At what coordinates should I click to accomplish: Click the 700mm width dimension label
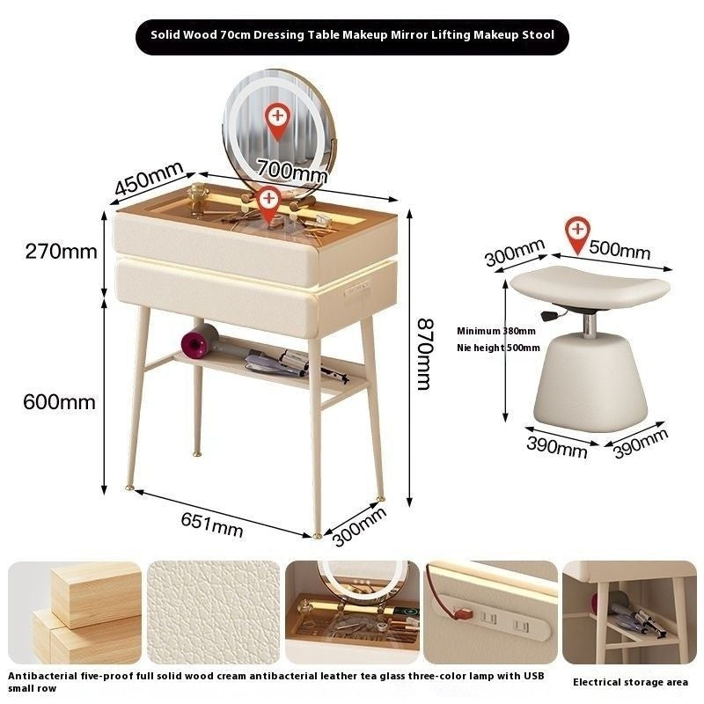click(x=292, y=171)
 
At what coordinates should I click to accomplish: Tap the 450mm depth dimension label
click(x=149, y=178)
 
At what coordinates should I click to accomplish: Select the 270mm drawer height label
click(x=61, y=252)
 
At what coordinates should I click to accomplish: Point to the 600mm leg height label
click(x=59, y=401)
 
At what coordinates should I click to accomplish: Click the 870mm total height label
click(x=424, y=355)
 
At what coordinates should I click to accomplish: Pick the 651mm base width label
click(x=212, y=524)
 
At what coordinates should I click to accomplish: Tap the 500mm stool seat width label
click(x=620, y=250)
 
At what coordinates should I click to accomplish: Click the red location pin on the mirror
click(x=278, y=121)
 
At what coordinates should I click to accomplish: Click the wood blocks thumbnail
click(x=75, y=612)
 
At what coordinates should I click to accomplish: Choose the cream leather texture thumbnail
click(x=213, y=612)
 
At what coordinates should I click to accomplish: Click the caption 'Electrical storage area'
click(x=630, y=682)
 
